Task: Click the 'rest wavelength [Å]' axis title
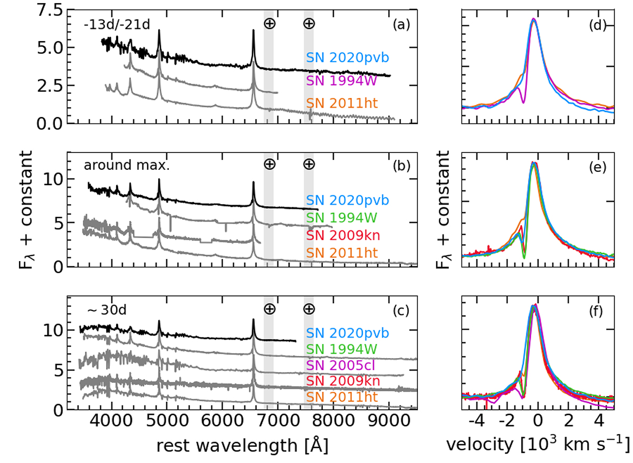pyautogui.click(x=242, y=445)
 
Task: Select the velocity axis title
pyautogui.click(x=538, y=445)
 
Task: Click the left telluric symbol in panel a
pyautogui.click(x=269, y=24)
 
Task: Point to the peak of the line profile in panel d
pyautogui.click(x=534, y=20)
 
